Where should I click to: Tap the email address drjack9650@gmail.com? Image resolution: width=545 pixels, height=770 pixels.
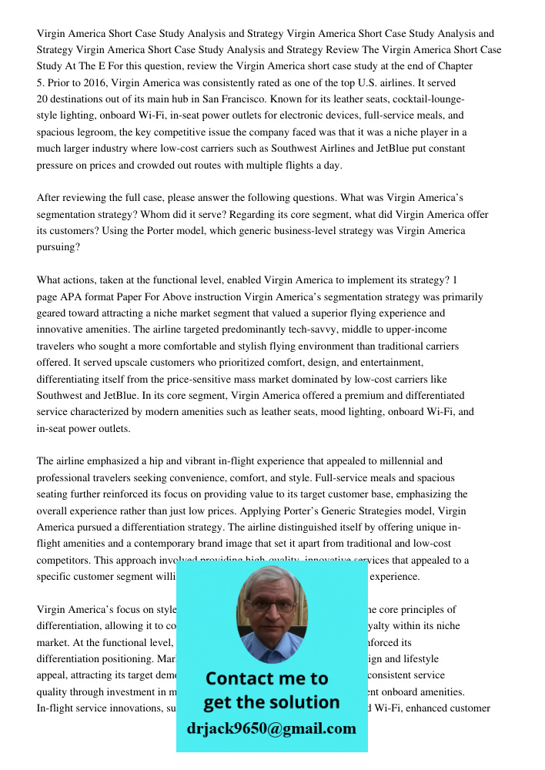pos(272,728)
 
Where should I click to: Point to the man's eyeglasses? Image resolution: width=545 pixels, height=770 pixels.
pos(272,605)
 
